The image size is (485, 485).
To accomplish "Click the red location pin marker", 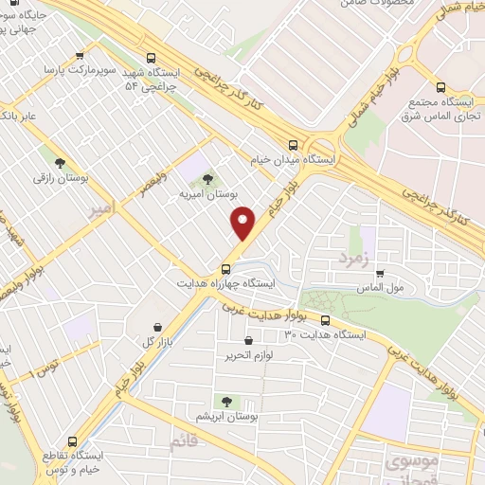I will pos(244,223).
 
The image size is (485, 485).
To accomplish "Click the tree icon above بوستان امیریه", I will pos(207,178).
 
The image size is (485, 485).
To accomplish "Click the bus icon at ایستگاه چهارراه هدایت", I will pos(226,267).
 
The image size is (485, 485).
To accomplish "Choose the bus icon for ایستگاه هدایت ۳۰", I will pos(325,320).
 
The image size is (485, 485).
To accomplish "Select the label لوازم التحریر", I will pos(248,356).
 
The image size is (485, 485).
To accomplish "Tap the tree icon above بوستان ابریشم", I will pos(225,401).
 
